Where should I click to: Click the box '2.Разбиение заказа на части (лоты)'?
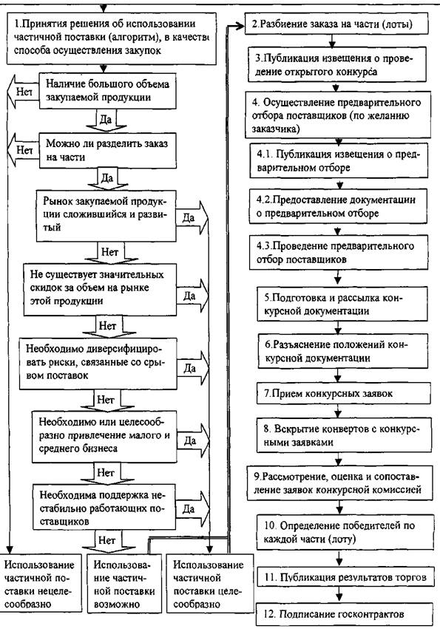tap(336, 24)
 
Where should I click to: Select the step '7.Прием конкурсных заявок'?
tap(344, 393)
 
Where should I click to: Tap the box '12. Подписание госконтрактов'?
tap(344, 614)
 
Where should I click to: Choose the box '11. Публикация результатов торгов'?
tap(345, 577)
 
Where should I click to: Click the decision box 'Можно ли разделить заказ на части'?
tap(108, 150)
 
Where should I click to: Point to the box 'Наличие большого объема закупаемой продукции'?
tap(108, 91)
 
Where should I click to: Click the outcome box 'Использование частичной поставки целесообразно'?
tap(210, 584)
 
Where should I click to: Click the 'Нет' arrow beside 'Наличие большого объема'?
tap(23, 92)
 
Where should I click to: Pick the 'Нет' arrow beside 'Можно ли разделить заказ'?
tap(23, 150)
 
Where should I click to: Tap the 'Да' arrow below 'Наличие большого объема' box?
tap(107, 120)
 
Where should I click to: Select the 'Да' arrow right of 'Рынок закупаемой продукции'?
tap(192, 218)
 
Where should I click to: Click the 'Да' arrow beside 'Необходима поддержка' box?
tap(193, 508)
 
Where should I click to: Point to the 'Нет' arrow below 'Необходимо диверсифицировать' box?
tap(106, 400)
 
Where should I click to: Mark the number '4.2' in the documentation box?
tap(264, 200)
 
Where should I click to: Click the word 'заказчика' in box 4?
tap(276, 129)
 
